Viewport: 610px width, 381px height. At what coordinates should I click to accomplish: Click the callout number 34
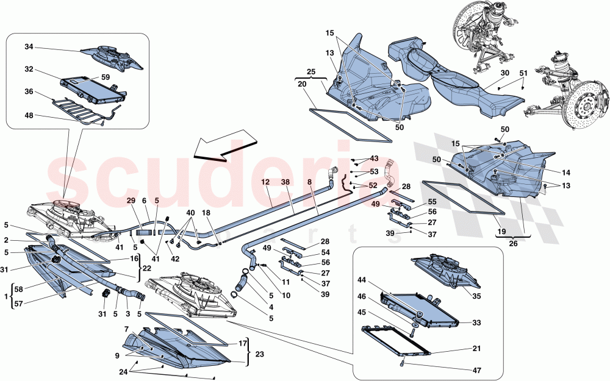point(29,46)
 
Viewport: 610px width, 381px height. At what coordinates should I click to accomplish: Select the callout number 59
point(105,77)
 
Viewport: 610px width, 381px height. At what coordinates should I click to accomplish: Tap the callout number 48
point(29,116)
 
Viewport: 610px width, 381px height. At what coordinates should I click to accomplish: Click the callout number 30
point(504,73)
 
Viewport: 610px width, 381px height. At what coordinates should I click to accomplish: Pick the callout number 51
point(523,73)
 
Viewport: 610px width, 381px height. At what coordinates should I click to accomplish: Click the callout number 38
point(285,182)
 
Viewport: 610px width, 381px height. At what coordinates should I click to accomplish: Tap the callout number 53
point(374,172)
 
